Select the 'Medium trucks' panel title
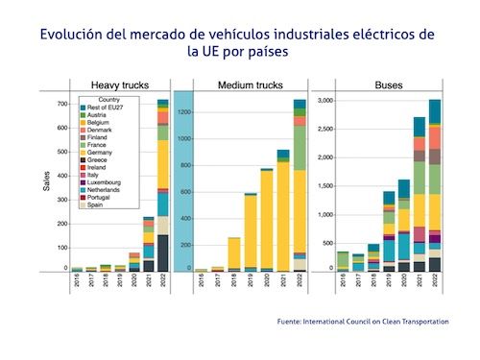pos(243,84)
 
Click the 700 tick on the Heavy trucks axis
pos(61,104)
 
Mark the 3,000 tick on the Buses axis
pos(324,101)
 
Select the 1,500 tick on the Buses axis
pos(324,185)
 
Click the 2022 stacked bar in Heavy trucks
pos(163,183)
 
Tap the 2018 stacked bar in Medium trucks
pos(233,253)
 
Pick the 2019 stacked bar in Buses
pos(389,230)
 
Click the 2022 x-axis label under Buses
pos(435,280)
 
